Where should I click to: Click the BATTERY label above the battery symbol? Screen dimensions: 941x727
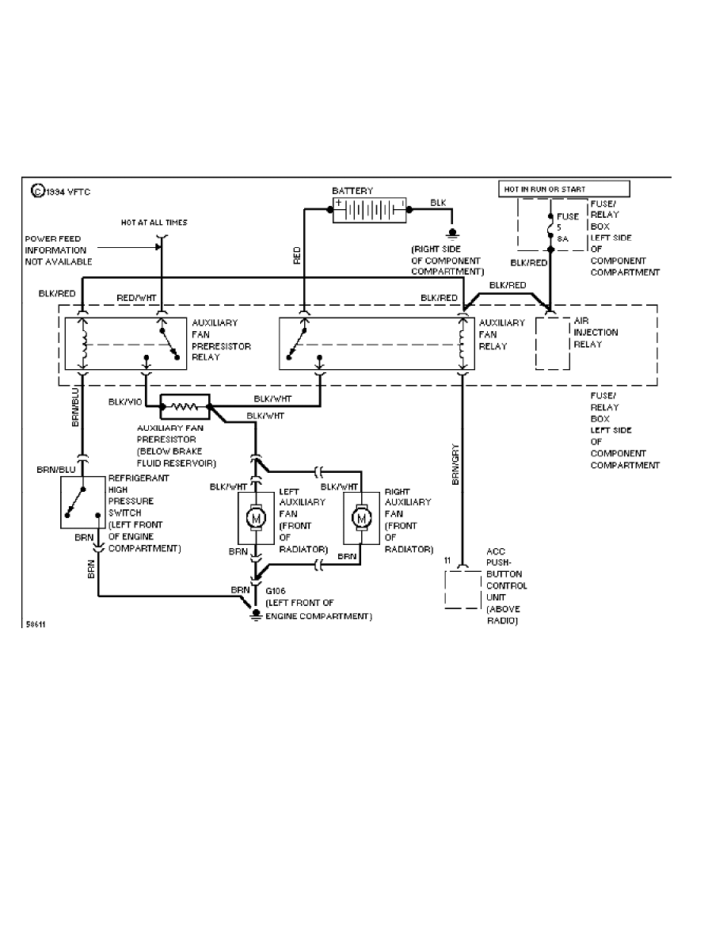pyautogui.click(x=352, y=191)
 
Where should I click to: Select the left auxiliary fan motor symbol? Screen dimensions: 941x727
pyautogui.click(x=255, y=517)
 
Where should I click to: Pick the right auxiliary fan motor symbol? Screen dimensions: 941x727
pyautogui.click(x=362, y=517)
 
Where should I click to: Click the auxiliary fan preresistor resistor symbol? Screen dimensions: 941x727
pyautogui.click(x=185, y=406)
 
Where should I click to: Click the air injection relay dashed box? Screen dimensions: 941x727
pyautogui.click(x=552, y=342)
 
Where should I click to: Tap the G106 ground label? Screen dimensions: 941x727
pyautogui.click(x=276, y=591)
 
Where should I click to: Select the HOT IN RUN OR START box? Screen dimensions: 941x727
pyautogui.click(x=563, y=189)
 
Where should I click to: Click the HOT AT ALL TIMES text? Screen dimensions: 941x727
pyautogui.click(x=154, y=223)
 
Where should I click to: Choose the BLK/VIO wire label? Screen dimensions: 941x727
pyautogui.click(x=125, y=402)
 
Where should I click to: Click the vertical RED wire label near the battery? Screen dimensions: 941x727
pyautogui.click(x=297, y=255)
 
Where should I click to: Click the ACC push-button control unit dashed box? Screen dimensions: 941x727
pyautogui.click(x=462, y=586)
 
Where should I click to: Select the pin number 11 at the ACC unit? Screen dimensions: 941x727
pyautogui.click(x=448, y=561)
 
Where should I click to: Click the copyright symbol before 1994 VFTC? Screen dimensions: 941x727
pyautogui.click(x=36, y=190)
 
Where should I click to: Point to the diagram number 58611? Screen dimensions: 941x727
pyautogui.click(x=34, y=623)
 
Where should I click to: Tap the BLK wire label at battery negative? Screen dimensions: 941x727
pyautogui.click(x=438, y=203)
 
